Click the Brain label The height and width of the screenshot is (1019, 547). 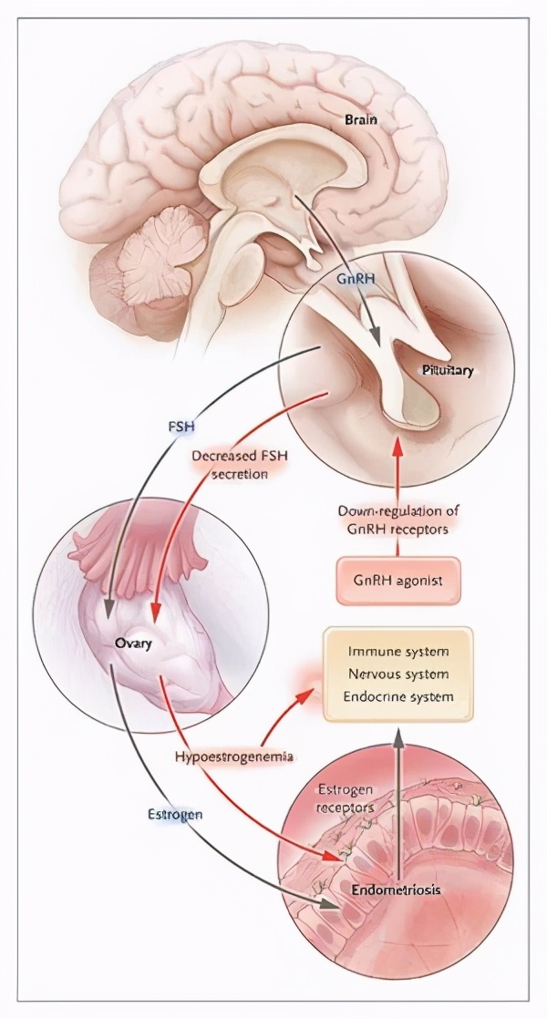pyautogui.click(x=362, y=119)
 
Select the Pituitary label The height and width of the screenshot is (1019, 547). pyautogui.click(x=448, y=370)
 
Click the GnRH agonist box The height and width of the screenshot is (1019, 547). pyautogui.click(x=398, y=579)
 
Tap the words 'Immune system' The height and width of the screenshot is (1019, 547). pyautogui.click(x=397, y=652)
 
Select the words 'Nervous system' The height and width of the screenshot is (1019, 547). pyautogui.click(x=397, y=674)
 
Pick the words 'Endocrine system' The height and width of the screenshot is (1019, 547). pyautogui.click(x=397, y=697)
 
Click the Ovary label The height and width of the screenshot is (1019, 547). pyautogui.click(x=132, y=643)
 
